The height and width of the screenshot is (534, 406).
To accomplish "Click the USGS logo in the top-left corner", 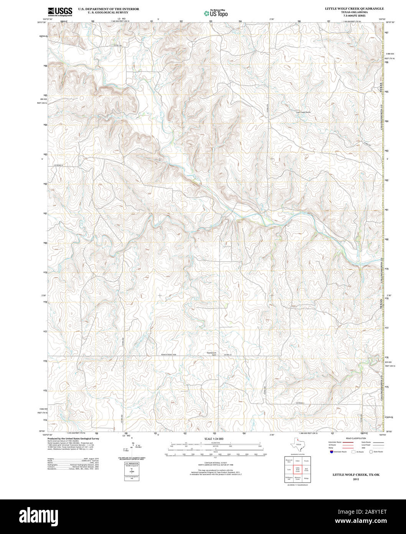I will point(60,12).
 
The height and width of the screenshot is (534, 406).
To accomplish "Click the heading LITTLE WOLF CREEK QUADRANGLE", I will point(354,8).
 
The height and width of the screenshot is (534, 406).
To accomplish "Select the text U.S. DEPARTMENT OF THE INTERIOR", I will point(109,8).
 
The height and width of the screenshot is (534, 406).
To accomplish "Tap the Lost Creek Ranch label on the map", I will point(303,112).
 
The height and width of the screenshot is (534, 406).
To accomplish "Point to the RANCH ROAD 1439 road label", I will point(169,355).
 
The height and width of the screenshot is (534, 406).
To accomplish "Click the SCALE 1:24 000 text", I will point(214,439).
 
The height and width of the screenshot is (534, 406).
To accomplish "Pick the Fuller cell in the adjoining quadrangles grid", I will point(297,461).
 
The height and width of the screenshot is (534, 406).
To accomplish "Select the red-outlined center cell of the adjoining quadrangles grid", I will point(297,469).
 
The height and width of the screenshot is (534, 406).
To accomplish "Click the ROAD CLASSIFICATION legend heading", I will point(356,438).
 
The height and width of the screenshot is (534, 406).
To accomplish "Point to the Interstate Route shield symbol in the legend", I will point(331,452).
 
